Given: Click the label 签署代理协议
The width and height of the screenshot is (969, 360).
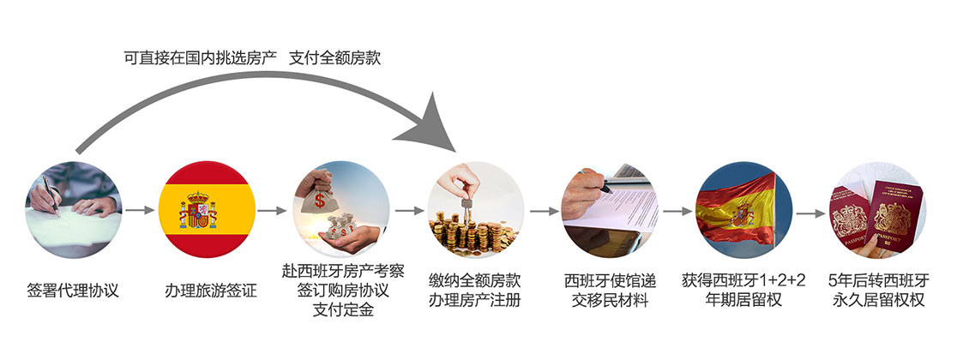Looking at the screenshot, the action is coord(73,291).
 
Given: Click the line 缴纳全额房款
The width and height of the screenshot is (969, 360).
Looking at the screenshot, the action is coord(474,282).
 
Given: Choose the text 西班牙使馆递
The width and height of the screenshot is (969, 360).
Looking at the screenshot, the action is coord(610,282).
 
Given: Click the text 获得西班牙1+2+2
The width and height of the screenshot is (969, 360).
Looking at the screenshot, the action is coord(744,281).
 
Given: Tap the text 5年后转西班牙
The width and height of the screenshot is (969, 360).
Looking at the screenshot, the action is coord(878,281).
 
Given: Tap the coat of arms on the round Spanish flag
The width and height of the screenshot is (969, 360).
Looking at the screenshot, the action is coord(198,210).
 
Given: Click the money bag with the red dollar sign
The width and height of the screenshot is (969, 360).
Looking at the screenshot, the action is coord(319,199).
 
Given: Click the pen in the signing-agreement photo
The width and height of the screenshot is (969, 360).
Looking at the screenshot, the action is coord(51,196).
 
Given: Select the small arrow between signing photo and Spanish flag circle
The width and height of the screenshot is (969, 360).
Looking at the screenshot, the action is coord(140,210).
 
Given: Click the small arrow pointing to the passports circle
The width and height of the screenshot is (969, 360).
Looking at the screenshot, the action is coord(811,213).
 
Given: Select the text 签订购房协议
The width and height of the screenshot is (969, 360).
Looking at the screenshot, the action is coord(343,291).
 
